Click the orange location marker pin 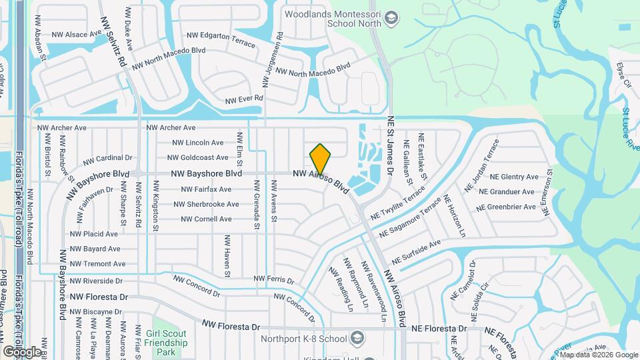click(x=320, y=159)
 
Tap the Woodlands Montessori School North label click(x=333, y=19)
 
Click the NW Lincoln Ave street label click(x=198, y=143)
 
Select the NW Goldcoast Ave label click(x=198, y=158)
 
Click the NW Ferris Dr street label click(x=269, y=278)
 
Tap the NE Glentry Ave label click(x=514, y=177)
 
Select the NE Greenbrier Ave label click(x=511, y=207)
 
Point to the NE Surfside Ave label click(x=417, y=251)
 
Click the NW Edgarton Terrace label click(x=221, y=39)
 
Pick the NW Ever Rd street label click(x=244, y=99)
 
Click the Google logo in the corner click(x=22, y=351)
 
